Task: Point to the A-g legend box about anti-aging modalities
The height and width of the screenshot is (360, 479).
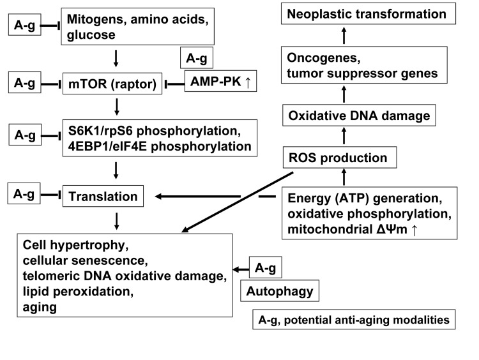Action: tap(354, 319)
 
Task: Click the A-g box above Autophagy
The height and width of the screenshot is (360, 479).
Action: tap(265, 269)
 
